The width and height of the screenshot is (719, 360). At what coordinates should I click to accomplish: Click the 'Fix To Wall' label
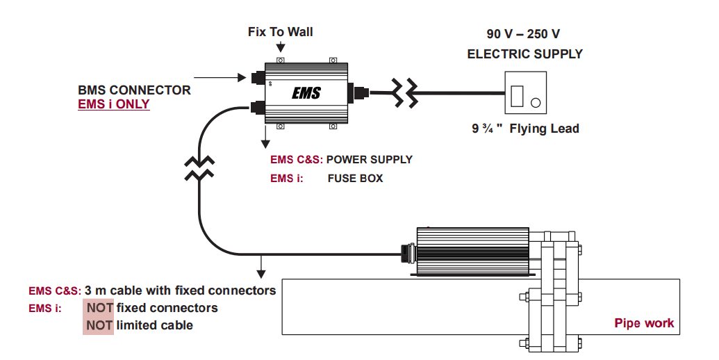(x=280, y=32)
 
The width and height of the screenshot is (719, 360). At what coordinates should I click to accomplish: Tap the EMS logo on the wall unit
(x=306, y=92)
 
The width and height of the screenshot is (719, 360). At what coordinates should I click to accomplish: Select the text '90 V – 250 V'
(x=524, y=33)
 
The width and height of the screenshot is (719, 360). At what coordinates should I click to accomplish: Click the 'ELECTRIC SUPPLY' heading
(x=524, y=54)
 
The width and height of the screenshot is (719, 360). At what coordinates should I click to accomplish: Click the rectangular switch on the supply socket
(x=516, y=95)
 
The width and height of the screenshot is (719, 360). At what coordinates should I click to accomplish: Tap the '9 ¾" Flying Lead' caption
(x=524, y=129)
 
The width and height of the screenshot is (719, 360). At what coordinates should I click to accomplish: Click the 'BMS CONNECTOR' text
(x=134, y=90)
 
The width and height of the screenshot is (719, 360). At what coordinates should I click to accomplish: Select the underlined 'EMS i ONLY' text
(x=113, y=105)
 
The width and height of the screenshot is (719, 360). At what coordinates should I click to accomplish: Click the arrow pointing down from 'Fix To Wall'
(x=280, y=47)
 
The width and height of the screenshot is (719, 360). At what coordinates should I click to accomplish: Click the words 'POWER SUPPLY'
(x=369, y=160)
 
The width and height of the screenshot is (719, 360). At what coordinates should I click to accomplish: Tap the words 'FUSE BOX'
(x=355, y=179)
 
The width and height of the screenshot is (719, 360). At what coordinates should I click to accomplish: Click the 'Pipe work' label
(x=644, y=323)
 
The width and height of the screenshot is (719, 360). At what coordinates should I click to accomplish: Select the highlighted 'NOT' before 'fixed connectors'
(x=99, y=308)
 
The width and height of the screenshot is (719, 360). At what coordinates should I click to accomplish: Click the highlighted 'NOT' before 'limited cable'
(x=99, y=325)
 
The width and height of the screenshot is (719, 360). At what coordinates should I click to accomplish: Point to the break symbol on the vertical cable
(x=199, y=169)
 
